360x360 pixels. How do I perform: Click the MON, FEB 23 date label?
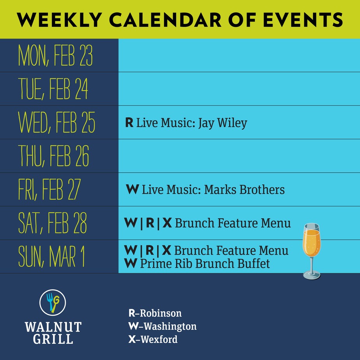pos(55,56)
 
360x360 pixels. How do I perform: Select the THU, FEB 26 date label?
pos(54,157)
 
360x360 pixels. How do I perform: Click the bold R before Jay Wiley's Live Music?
pos(129,123)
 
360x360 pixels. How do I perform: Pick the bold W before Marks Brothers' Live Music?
pos(133,190)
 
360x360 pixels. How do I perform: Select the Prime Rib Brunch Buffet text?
pos(205,264)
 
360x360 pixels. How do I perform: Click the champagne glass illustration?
pos(311,249)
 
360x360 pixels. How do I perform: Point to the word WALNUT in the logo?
pos(53,327)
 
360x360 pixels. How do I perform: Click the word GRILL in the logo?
pos(53,339)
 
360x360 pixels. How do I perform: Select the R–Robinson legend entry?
pos(155,313)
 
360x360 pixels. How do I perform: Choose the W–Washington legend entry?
pos(162,326)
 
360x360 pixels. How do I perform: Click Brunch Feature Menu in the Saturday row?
pos(233,224)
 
